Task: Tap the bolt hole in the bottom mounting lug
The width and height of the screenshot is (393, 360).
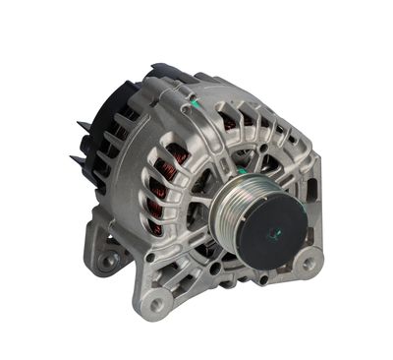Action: (156, 303)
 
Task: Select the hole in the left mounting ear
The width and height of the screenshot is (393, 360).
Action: (106, 261)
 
